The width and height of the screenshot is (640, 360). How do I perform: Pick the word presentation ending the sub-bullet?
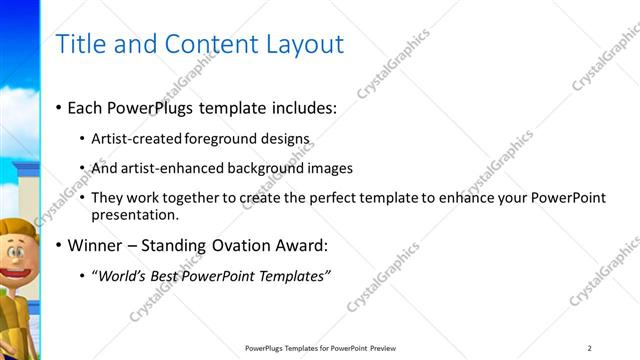(134, 214)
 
